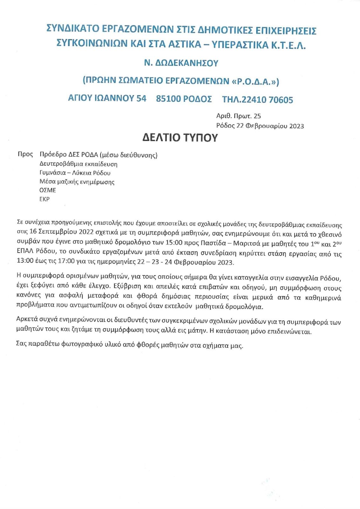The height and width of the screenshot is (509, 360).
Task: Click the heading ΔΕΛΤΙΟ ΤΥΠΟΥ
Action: click(x=180, y=137)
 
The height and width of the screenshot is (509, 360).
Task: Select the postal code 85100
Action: click(x=168, y=99)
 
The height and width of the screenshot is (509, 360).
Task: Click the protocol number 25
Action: click(x=257, y=116)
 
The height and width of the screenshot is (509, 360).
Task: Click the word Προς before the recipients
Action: click(x=25, y=154)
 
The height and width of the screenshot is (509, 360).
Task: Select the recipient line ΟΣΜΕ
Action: click(x=48, y=190)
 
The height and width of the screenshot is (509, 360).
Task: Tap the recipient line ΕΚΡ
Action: click(x=45, y=199)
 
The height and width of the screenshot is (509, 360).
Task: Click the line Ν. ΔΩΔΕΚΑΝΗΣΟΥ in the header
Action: click(x=181, y=63)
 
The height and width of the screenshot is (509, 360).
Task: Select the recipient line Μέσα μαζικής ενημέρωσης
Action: click(x=77, y=182)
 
